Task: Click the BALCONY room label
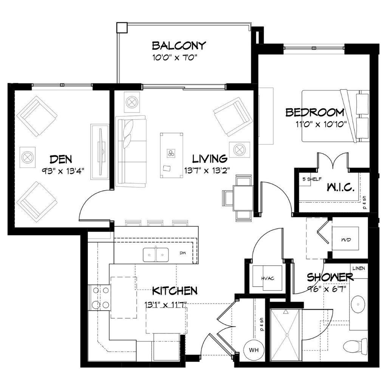click(179, 46)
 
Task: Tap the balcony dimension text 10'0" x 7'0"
click(175, 58)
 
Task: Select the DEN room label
click(61, 159)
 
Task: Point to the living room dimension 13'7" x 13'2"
click(207, 170)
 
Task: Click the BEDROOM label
click(315, 112)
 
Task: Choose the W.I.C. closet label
click(341, 187)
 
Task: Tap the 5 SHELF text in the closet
click(312, 179)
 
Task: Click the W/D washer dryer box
click(345, 238)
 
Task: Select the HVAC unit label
click(268, 279)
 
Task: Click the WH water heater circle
click(254, 350)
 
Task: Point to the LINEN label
click(359, 268)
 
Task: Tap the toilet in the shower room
click(355, 345)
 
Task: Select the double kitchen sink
click(156, 255)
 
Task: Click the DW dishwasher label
click(183, 253)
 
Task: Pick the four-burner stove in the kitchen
click(99, 298)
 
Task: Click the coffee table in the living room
click(171, 155)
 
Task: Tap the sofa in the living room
click(131, 152)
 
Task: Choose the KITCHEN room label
click(175, 291)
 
